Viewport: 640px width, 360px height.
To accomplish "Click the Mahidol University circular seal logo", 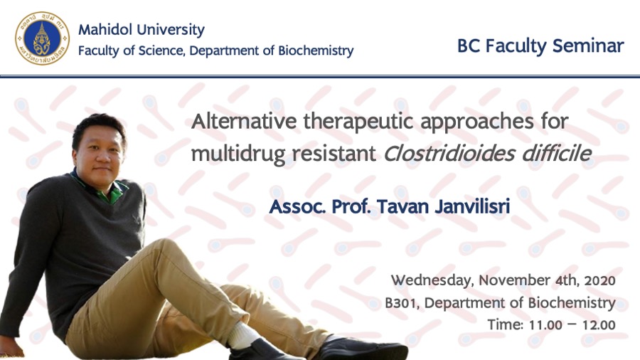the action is (42, 38).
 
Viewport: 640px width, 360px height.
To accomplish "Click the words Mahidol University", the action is (142, 30).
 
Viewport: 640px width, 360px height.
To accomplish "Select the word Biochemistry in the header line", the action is (316, 51).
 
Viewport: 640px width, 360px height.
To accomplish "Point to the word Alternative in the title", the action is (244, 121).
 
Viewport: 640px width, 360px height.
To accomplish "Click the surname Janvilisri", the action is (472, 206).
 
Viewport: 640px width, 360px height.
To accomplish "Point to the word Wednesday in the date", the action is (432, 281).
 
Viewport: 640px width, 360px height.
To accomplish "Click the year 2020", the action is (599, 281).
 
